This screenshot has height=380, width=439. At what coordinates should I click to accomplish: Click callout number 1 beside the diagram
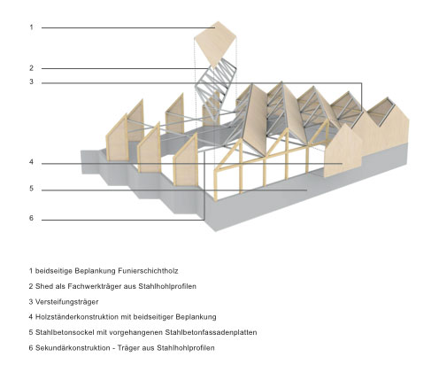point(31,27)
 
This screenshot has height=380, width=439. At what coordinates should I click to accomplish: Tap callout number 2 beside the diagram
point(31,68)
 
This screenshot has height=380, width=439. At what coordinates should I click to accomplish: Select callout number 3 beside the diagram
point(31,81)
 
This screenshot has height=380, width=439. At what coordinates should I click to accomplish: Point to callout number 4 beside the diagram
point(31,162)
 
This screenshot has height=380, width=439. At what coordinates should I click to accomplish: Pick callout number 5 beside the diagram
point(31,189)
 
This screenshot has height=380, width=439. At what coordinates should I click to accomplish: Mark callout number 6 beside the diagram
point(31,219)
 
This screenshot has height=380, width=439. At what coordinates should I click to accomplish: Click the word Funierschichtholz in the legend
point(148,271)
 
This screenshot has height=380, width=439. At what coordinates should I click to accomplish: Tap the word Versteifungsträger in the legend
point(67,302)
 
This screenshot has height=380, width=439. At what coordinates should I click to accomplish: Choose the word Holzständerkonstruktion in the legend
point(77,317)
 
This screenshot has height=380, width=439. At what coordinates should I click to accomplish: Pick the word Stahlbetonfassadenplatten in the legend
point(211,332)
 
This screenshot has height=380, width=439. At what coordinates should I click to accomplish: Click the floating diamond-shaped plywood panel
point(215,43)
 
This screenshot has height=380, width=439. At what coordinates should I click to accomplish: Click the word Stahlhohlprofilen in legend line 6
point(186,348)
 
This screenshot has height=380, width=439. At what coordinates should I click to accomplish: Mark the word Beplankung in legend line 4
point(196,317)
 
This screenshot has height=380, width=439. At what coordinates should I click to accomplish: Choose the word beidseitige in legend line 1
point(54,271)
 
